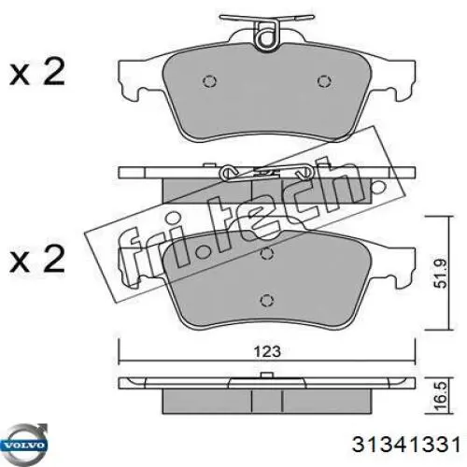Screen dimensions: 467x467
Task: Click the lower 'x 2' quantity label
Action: tap(36, 258)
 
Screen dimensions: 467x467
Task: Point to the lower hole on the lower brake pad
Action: tap(267, 302)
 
